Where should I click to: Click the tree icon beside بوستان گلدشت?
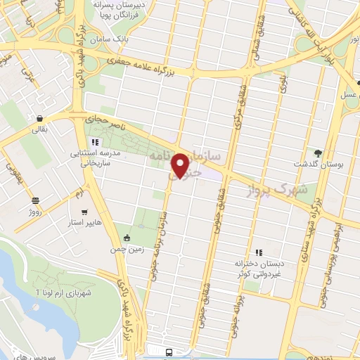pos(318,153)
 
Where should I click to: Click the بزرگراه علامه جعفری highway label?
pos(152,66)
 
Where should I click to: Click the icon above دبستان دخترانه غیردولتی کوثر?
pos(259,252)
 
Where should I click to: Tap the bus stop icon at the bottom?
pos(169,352)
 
